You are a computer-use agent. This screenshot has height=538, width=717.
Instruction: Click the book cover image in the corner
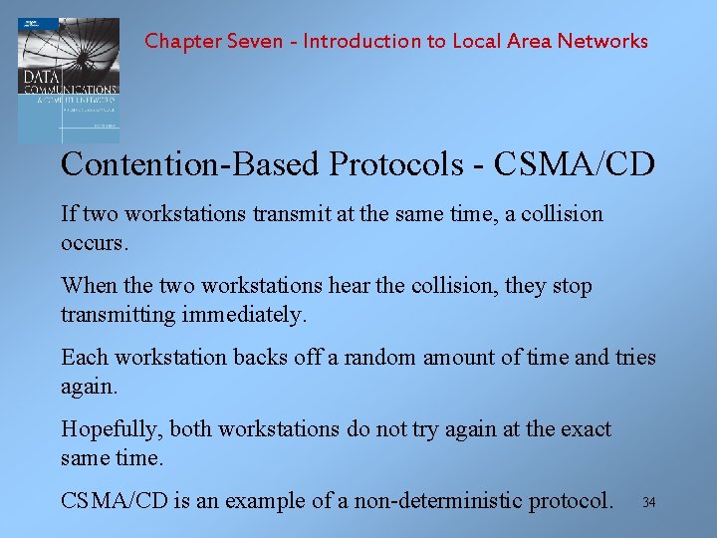tap(68, 80)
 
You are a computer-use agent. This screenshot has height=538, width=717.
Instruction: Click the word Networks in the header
tap(602, 42)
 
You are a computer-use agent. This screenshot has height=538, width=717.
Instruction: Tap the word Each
tap(84, 357)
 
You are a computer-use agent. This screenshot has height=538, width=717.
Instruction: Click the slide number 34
tap(649, 501)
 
